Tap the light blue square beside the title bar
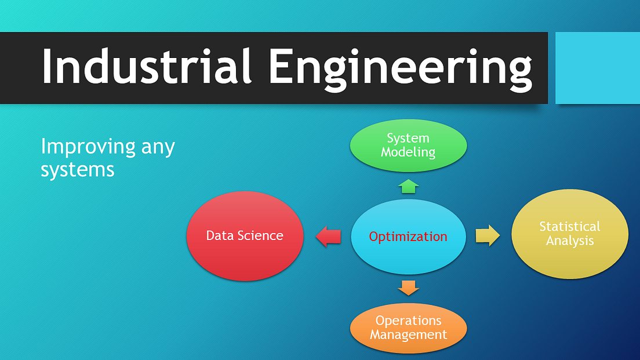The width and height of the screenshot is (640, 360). click(598, 68)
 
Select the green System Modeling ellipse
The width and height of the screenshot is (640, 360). click(408, 146)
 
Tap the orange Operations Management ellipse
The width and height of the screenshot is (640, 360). click(408, 328)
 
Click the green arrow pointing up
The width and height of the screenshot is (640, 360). click(408, 186)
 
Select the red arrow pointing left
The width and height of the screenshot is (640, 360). click(329, 236)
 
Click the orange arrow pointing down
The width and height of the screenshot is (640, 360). click(408, 287)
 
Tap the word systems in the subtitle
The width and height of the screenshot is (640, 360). click(77, 169)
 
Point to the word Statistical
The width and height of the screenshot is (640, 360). click(569, 226)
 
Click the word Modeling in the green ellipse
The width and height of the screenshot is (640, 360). click(408, 152)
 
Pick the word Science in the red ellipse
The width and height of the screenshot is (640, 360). click(263, 235)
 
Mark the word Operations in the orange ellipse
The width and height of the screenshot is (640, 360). click(408, 321)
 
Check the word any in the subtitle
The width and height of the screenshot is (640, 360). click(158, 148)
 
